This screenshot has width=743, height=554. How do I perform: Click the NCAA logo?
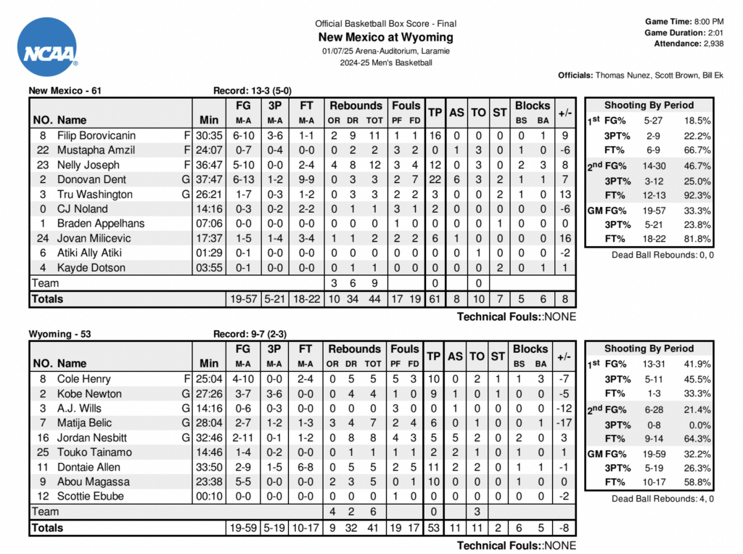(x=48, y=48)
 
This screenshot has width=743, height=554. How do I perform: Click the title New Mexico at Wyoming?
(x=385, y=37)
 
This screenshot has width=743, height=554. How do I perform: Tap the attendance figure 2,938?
(x=713, y=44)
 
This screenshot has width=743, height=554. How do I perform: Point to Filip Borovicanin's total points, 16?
(x=435, y=136)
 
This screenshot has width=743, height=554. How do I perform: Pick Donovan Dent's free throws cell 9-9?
(x=307, y=179)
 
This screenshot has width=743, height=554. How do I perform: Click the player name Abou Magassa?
(x=94, y=481)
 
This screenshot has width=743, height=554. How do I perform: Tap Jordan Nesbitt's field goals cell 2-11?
(x=244, y=438)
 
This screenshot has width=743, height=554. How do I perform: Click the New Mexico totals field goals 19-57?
(x=244, y=299)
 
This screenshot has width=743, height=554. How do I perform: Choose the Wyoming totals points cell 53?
(x=435, y=528)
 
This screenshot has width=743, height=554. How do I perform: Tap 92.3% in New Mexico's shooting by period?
(x=697, y=195)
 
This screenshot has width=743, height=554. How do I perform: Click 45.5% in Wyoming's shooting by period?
(x=697, y=379)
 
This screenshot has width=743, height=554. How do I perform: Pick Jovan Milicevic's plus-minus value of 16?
(x=564, y=238)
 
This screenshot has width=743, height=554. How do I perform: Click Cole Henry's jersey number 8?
(x=44, y=379)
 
